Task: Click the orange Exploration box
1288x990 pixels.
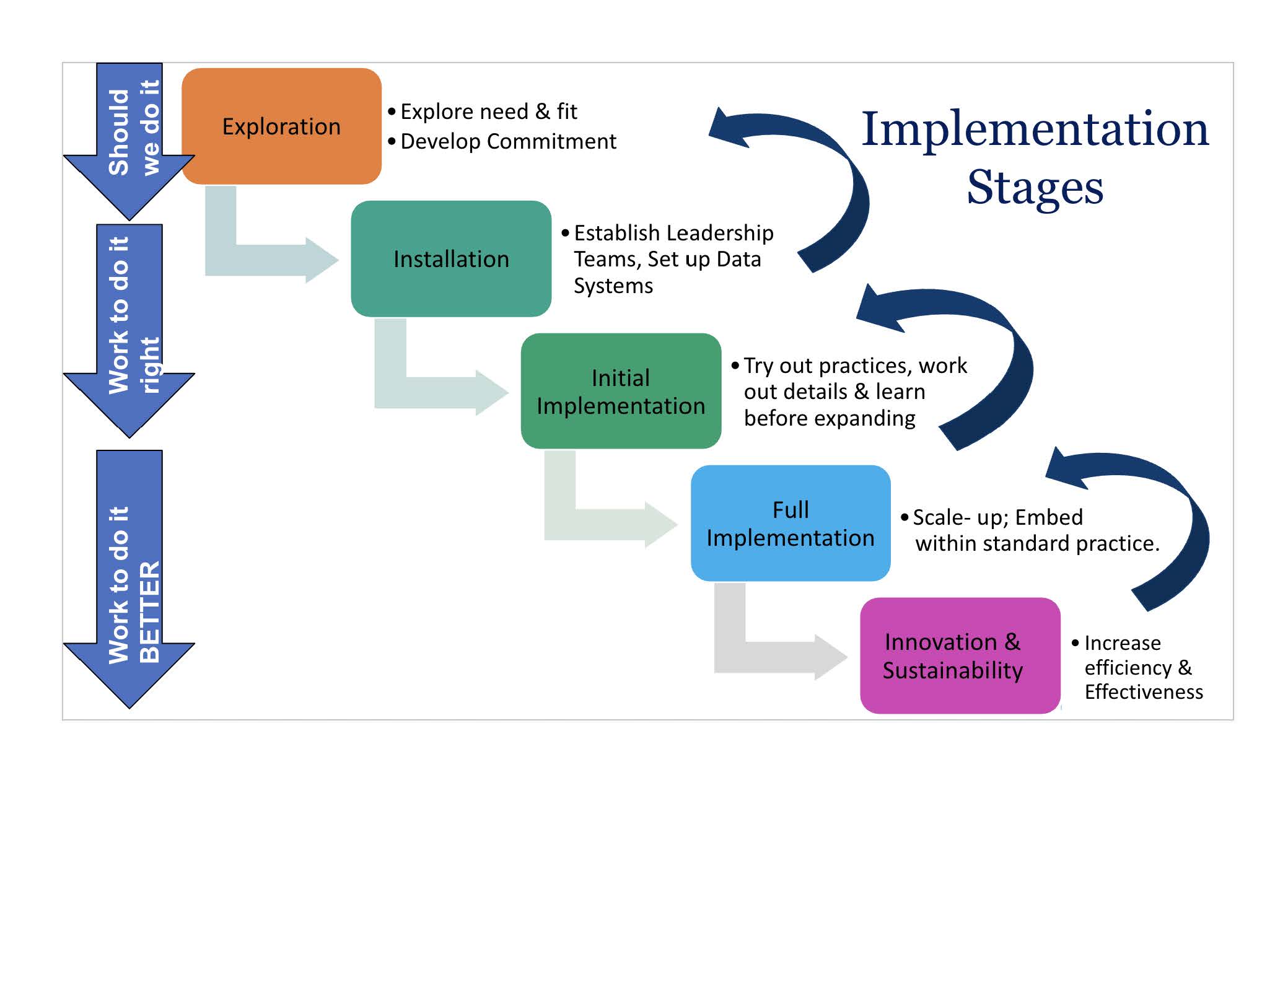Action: [x=281, y=126]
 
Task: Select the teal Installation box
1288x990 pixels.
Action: [x=451, y=258]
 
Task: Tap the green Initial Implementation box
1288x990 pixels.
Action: [x=621, y=391]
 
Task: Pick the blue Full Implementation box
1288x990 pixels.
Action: [x=791, y=523]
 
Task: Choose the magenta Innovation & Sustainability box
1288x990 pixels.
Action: [x=960, y=655]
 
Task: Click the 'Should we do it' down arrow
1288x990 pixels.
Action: [x=129, y=142]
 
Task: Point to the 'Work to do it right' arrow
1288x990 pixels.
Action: [x=129, y=328]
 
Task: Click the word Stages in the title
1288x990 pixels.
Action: [x=1035, y=186]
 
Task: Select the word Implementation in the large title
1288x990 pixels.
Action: [x=1035, y=128]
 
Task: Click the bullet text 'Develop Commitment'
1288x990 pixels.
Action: [x=508, y=141]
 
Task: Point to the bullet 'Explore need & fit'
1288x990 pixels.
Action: [x=488, y=112]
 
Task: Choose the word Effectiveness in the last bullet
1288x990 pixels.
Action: [x=1144, y=691]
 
